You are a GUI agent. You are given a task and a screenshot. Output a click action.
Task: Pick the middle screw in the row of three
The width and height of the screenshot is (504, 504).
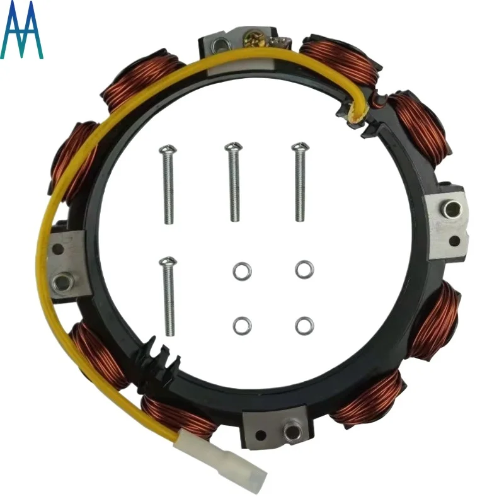coord(234,181)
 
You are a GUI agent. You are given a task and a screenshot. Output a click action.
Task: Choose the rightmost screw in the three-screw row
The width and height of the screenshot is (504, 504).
coord(299,182)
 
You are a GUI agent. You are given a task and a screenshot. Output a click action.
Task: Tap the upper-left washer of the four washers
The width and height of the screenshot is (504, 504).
coord(240,271)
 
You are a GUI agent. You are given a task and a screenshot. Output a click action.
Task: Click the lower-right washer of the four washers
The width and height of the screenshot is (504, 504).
coord(304,325)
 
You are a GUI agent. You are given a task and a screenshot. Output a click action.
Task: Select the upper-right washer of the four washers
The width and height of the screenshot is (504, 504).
coord(304,269)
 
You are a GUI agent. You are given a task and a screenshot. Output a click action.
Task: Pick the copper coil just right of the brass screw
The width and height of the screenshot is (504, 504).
coord(341,60)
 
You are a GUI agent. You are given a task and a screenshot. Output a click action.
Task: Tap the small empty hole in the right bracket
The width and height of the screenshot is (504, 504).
coord(454,241)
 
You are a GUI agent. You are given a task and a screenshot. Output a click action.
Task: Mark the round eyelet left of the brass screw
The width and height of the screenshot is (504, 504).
coord(220,45)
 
